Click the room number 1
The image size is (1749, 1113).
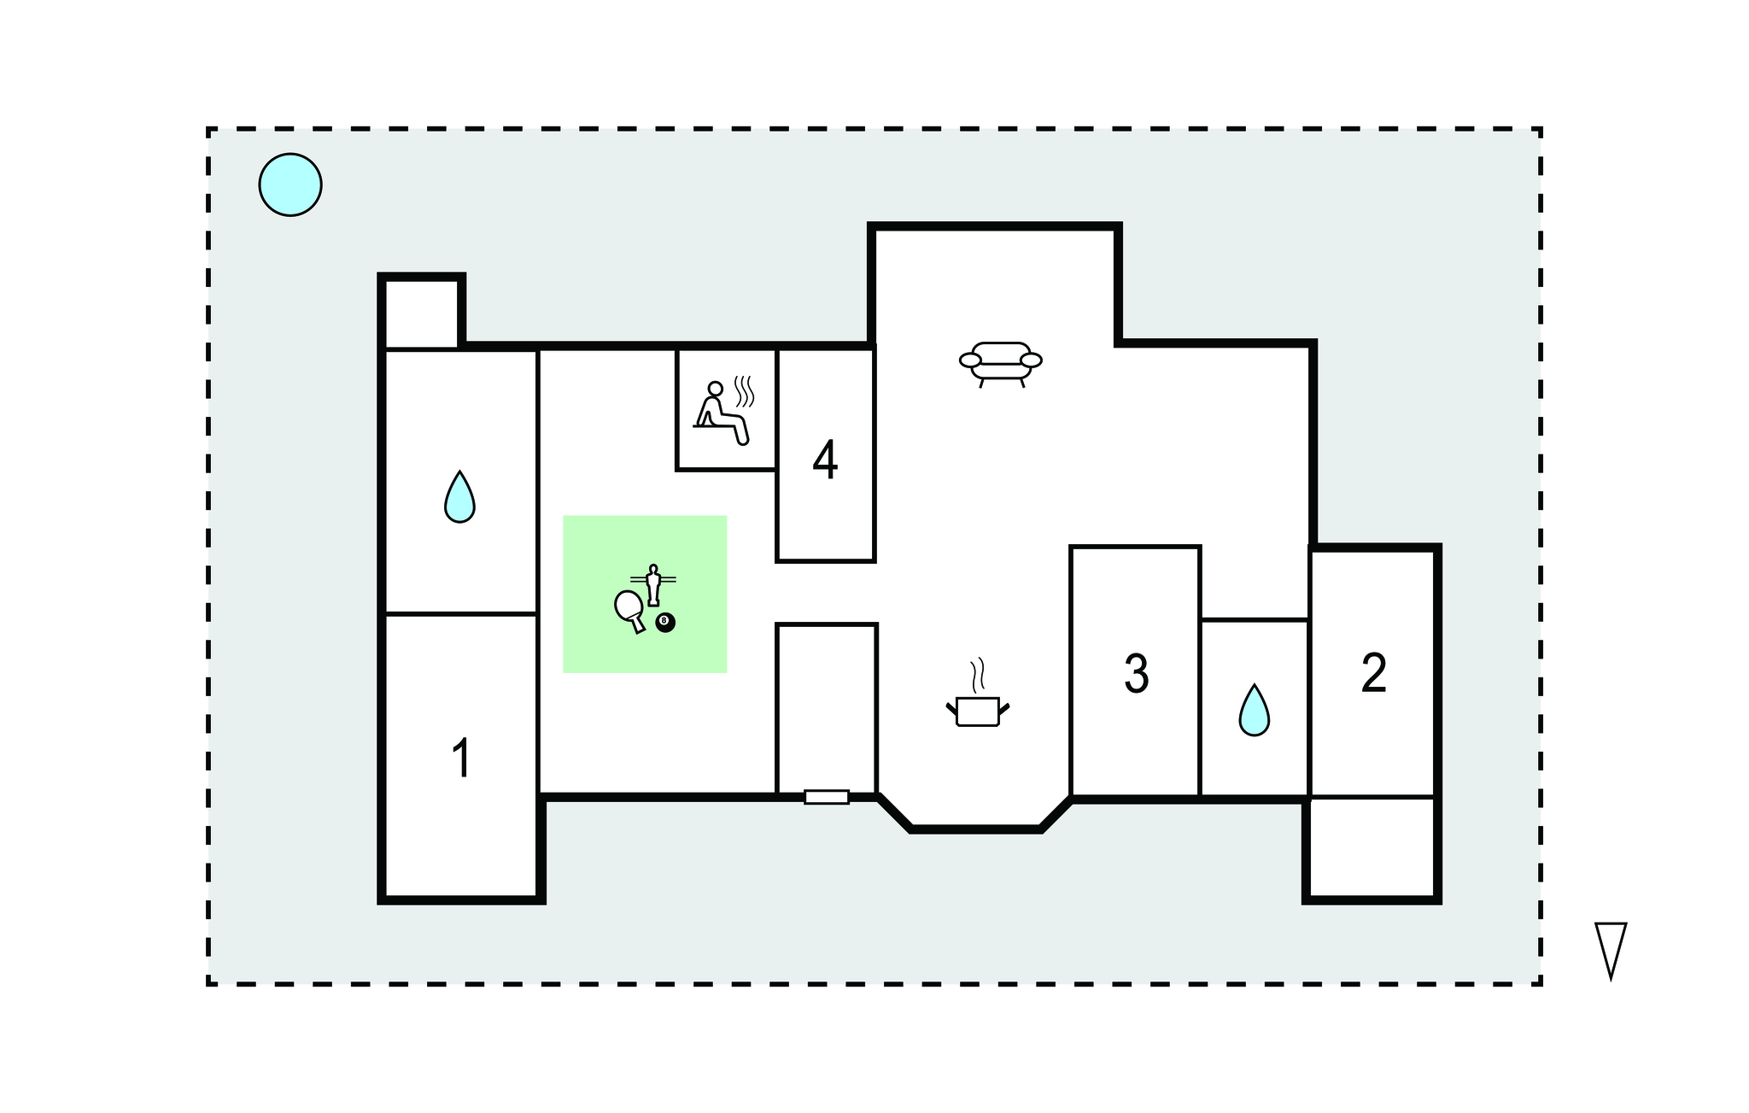pyautogui.click(x=461, y=758)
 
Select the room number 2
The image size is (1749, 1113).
pyautogui.click(x=1373, y=673)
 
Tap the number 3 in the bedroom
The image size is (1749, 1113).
pyautogui.click(x=1136, y=673)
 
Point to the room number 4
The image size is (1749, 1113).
pyautogui.click(x=825, y=460)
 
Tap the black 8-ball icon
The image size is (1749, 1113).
pyautogui.click(x=665, y=623)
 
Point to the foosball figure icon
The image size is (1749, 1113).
pyautogui.click(x=653, y=584)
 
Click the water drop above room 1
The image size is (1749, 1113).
pyautogui.click(x=459, y=496)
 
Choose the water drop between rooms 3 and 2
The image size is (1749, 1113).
pyautogui.click(x=1254, y=710)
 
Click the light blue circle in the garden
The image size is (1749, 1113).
pyautogui.click(x=290, y=185)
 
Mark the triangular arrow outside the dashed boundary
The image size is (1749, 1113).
pyautogui.click(x=1611, y=950)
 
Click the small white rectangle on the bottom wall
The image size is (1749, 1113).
pyautogui.click(x=827, y=797)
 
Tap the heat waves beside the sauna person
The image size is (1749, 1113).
pyautogui.click(x=745, y=390)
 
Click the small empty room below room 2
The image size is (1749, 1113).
pyautogui.click(x=1372, y=846)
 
